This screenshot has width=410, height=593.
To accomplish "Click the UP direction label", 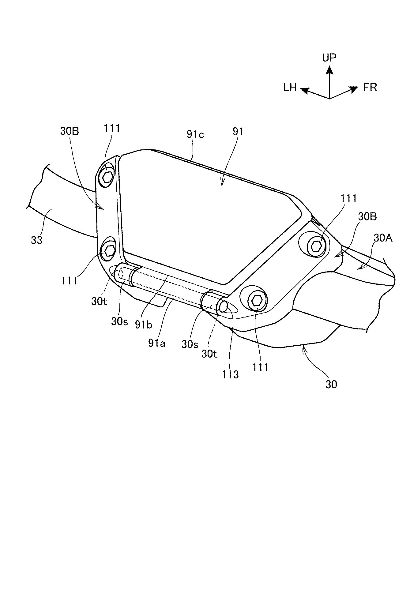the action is [x=329, y=58].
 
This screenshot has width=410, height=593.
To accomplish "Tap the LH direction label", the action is [x=290, y=88].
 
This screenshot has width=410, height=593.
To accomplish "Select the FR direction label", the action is [x=370, y=88].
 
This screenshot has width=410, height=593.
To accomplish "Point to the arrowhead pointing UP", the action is [x=329, y=70].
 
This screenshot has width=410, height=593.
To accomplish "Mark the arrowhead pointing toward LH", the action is [x=305, y=90].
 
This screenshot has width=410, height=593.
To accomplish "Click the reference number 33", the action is [x=37, y=240].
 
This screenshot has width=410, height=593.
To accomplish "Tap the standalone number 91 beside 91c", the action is [x=238, y=132].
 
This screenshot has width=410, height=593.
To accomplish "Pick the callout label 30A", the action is [x=383, y=238].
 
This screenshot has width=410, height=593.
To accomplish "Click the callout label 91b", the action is [x=143, y=324].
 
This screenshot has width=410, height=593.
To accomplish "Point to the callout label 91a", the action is [x=156, y=343].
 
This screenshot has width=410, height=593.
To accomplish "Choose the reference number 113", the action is [x=230, y=374].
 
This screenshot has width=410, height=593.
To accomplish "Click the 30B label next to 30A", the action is [x=367, y=216].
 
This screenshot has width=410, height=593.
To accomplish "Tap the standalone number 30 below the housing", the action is [x=331, y=384].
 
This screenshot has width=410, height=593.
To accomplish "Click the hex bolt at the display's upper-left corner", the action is [x=108, y=176].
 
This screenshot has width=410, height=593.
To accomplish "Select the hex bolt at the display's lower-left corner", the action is [x=108, y=251].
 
